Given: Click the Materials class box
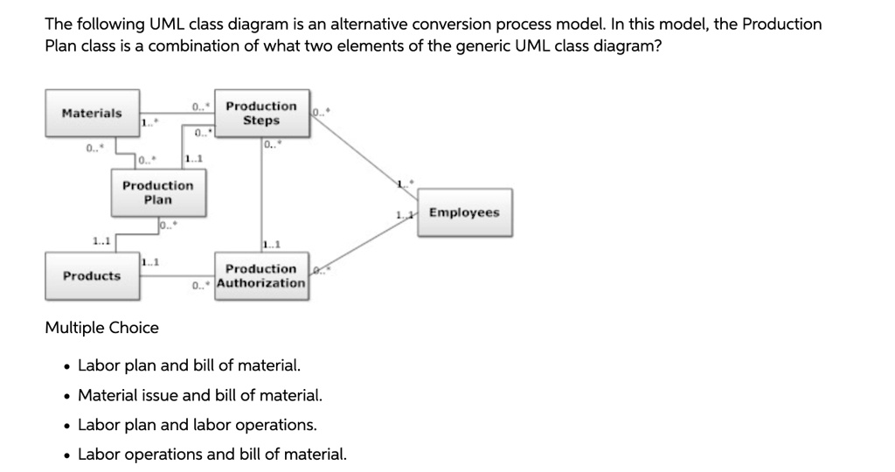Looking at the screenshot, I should (x=92, y=113).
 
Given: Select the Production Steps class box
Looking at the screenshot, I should (x=261, y=113).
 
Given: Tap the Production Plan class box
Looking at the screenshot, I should (x=158, y=192).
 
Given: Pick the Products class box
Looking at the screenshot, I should (x=92, y=275).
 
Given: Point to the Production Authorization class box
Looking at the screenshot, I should (x=261, y=275).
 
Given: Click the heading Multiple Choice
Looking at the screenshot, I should (x=101, y=328).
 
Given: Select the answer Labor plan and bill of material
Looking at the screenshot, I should (x=189, y=365).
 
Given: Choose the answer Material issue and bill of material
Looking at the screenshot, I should (x=200, y=395).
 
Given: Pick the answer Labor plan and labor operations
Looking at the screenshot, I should (x=198, y=425).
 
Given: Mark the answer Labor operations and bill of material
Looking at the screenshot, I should (x=212, y=455).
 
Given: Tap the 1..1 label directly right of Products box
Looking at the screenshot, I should (x=149, y=261).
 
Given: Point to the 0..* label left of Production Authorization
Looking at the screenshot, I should (x=202, y=285).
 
